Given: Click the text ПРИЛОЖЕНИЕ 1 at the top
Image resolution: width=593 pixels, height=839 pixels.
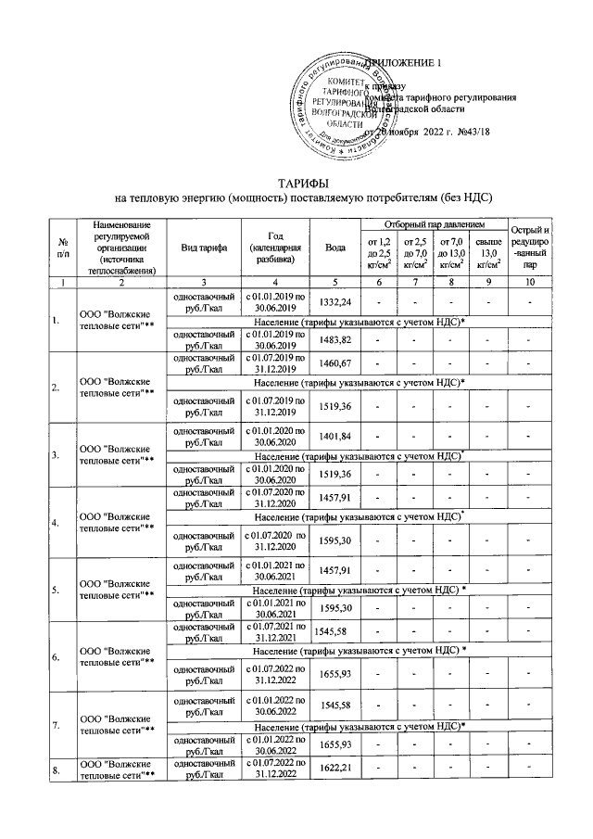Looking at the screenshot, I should pyautogui.click(x=406, y=62).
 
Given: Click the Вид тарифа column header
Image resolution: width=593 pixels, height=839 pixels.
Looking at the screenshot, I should pyautogui.click(x=202, y=247).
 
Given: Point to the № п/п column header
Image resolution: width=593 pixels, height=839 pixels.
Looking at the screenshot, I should pyautogui.click(x=62, y=247).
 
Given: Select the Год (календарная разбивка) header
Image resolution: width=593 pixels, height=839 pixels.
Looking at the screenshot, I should pyautogui.click(x=275, y=247).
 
